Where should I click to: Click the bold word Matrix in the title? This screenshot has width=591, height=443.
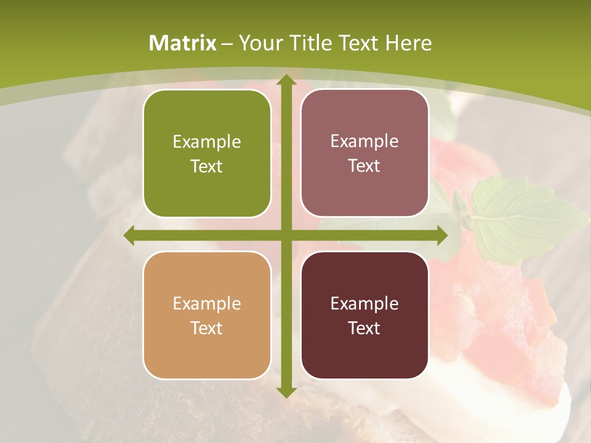click(183, 43)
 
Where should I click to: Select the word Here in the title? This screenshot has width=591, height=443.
click(409, 43)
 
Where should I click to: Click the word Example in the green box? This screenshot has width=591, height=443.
click(207, 142)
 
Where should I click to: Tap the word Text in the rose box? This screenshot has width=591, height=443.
click(364, 166)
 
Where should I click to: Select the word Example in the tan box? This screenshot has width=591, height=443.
click(207, 304)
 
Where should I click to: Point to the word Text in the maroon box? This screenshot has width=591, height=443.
click(364, 328)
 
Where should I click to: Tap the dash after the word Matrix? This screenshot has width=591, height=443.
click(227, 44)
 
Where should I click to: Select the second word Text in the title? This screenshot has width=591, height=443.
click(360, 43)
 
